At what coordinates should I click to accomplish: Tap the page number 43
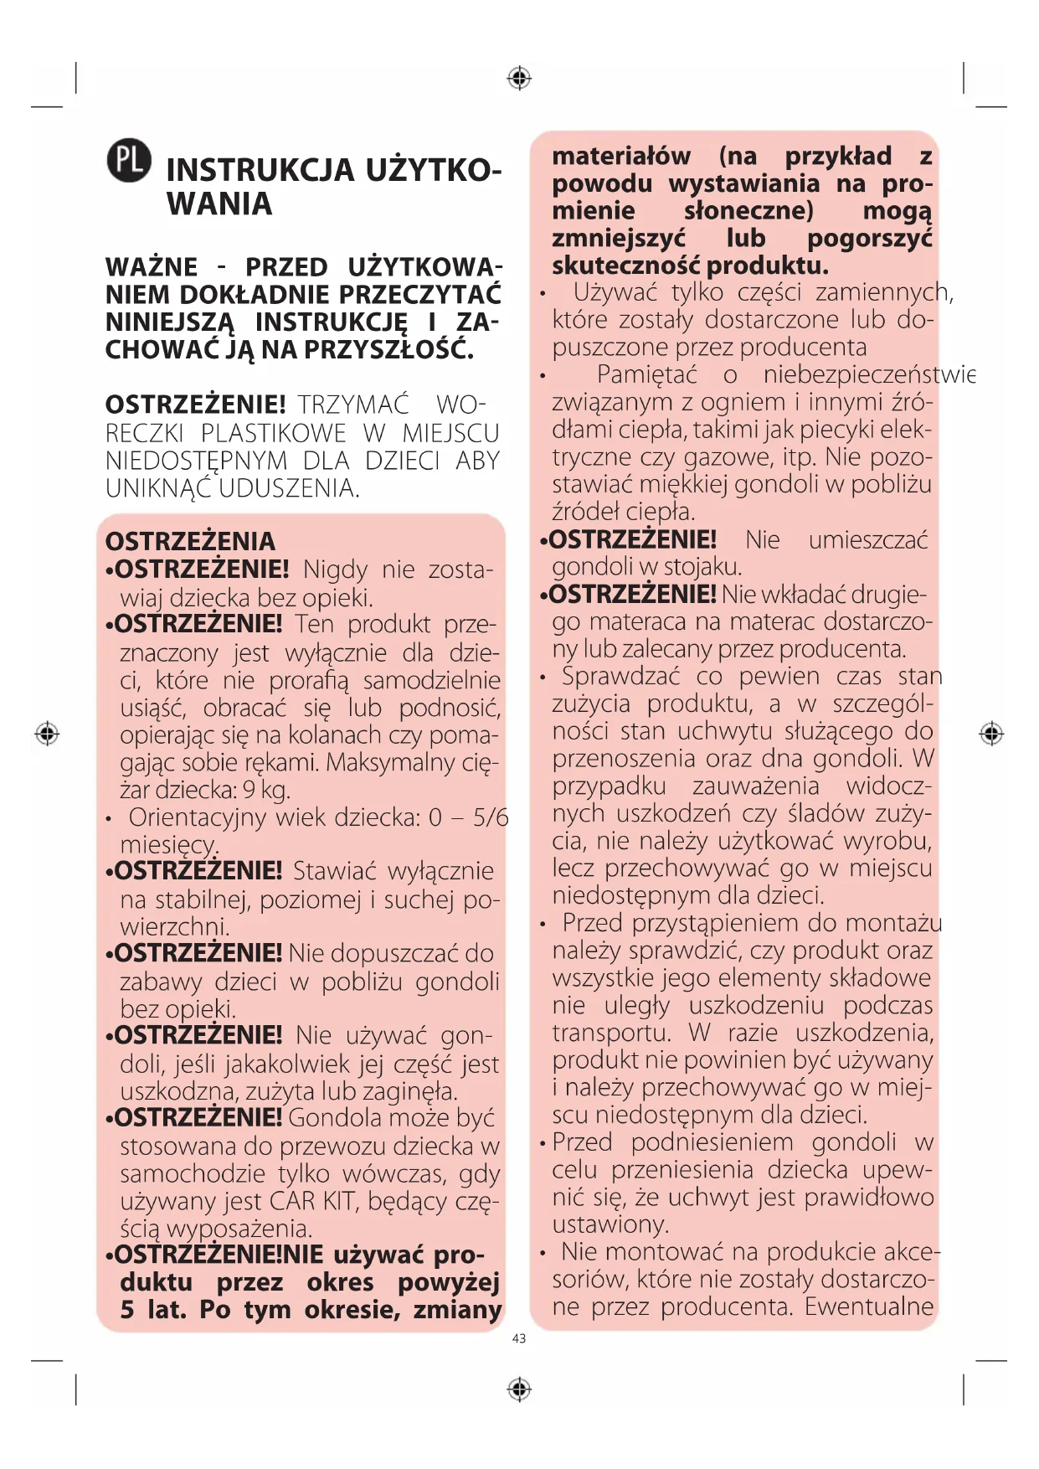(519, 1338)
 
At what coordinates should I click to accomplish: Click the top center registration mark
(519, 78)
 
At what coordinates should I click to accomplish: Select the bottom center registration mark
(519, 1389)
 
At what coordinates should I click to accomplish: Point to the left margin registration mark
(47, 734)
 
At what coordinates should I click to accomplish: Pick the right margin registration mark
(991, 734)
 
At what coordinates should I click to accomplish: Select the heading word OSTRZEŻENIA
(190, 541)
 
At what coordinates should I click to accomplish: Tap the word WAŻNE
(152, 267)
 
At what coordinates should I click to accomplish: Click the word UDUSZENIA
(290, 487)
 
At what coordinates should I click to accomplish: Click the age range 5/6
(491, 817)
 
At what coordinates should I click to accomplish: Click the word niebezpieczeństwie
(869, 374)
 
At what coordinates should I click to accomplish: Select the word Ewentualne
(869, 1307)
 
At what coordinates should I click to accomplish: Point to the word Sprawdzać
(620, 676)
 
